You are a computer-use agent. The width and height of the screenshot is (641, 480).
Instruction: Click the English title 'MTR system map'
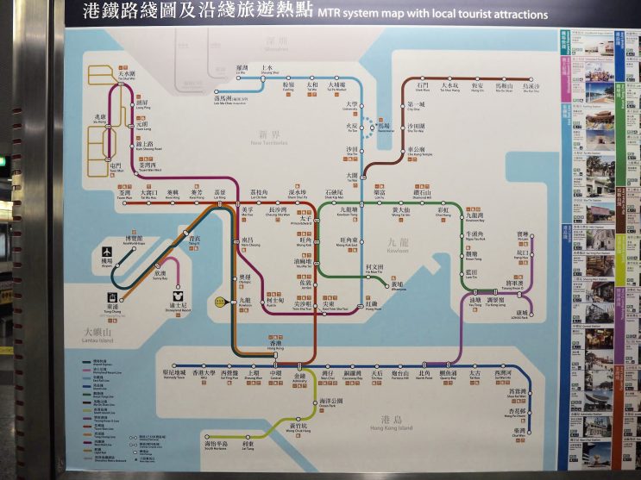coord(432,15)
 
